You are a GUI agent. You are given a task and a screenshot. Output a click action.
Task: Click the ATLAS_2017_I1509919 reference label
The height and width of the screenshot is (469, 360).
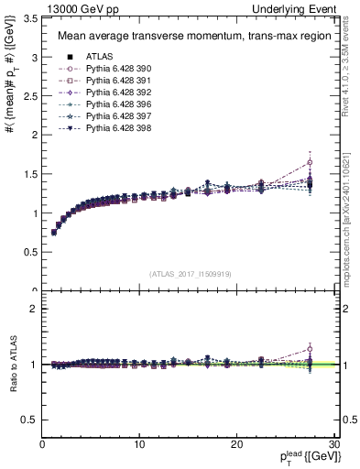190,273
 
